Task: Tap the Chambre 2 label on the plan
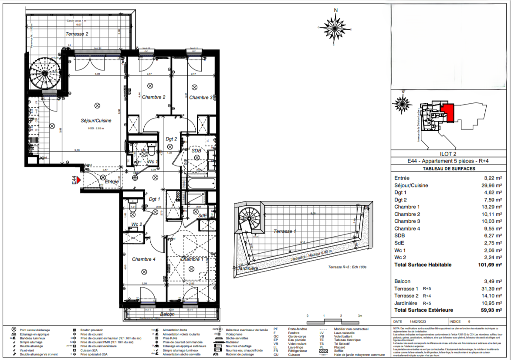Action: [153, 97]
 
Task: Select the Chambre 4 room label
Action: [143, 259]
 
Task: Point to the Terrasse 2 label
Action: [77, 34]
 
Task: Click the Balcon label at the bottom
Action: [167, 314]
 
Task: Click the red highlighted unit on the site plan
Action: [449, 112]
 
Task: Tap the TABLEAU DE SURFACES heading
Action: [449, 169]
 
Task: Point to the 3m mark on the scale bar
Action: [359, 315]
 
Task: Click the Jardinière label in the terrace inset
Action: [248, 268]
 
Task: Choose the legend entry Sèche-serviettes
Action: [237, 338]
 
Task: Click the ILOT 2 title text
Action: [449, 153]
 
